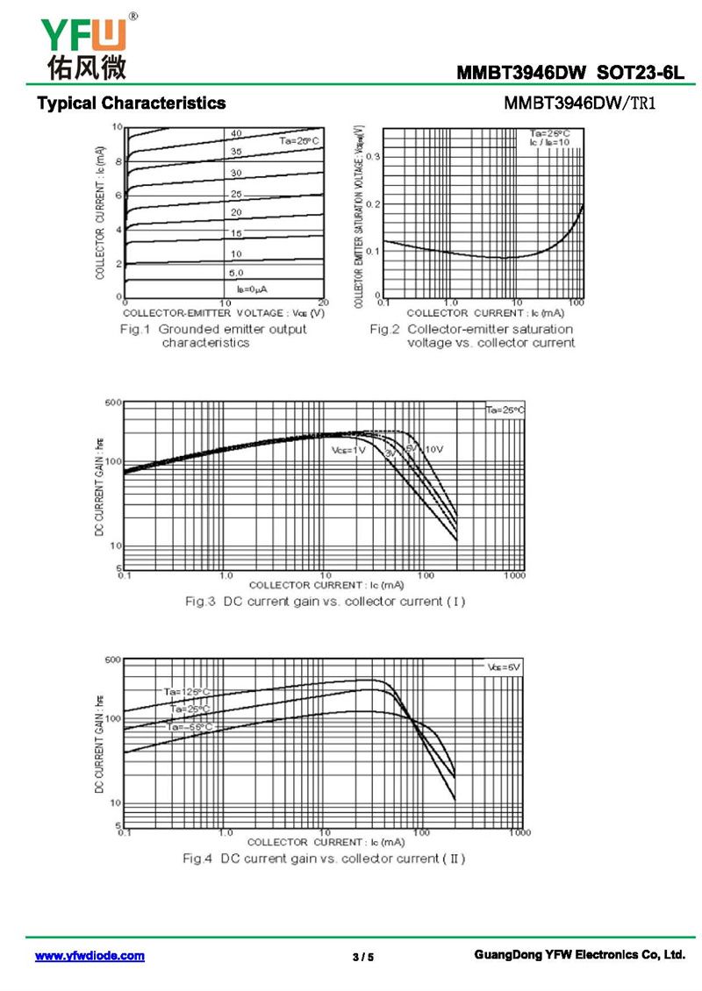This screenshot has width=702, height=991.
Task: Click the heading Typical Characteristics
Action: [131, 103]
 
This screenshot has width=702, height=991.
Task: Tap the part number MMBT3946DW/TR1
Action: [580, 103]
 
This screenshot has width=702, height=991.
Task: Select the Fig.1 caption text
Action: [213, 336]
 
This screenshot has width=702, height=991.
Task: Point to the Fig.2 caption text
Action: [471, 336]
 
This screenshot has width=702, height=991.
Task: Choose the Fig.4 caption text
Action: [324, 858]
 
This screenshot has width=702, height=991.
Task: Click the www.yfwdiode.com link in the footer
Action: [90, 956]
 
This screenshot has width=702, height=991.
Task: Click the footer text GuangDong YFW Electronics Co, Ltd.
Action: [578, 954]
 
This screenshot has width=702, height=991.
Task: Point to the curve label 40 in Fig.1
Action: [236, 133]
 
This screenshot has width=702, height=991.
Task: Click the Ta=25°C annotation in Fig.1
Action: [299, 140]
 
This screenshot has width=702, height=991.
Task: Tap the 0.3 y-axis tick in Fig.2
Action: [373, 157]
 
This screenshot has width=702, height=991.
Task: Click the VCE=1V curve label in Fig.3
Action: [348, 450]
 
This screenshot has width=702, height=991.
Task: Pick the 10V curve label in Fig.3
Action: [434, 449]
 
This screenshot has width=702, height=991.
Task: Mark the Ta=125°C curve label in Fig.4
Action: [186, 691]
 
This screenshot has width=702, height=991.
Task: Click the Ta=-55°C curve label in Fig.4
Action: [189, 726]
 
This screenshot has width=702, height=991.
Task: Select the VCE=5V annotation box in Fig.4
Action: [503, 667]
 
